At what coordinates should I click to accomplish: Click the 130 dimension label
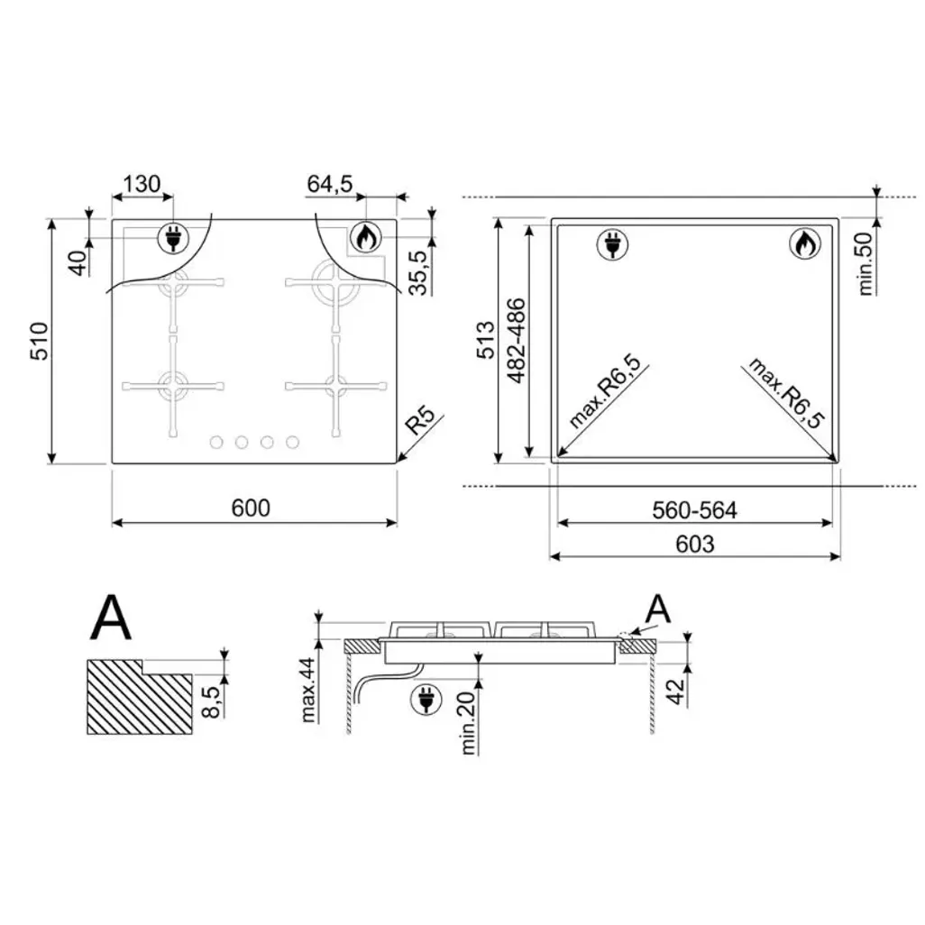(142, 184)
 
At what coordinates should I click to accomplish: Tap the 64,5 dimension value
(330, 184)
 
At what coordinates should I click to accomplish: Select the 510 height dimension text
(40, 341)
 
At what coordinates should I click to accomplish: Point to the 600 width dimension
(251, 508)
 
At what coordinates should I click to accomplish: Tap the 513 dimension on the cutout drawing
(487, 340)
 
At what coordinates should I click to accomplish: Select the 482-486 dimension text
(517, 341)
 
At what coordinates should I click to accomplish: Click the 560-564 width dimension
(694, 510)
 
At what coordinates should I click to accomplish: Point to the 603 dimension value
(695, 544)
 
